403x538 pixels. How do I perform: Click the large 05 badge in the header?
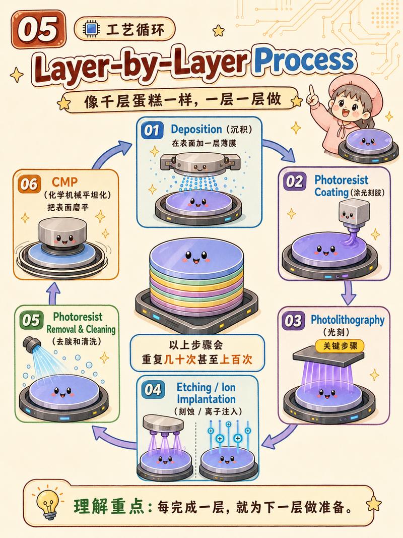tap(38, 30)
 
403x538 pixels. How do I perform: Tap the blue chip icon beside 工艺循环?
tap(91, 29)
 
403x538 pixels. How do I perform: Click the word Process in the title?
tap(304, 61)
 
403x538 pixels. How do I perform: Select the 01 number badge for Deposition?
tap(152, 130)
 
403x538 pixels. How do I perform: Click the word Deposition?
tap(196, 130)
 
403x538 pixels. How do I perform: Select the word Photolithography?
tap(348, 320)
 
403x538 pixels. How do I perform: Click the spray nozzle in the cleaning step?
tap(31, 343)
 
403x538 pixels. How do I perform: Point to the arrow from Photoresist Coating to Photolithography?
tap(349, 292)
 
